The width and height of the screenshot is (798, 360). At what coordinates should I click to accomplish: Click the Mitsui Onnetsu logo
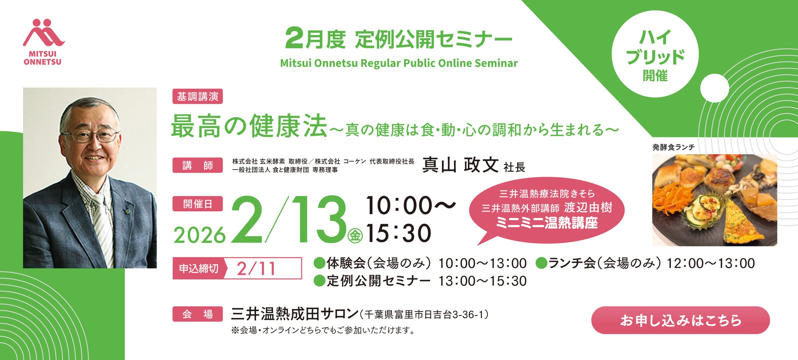[x=43, y=42]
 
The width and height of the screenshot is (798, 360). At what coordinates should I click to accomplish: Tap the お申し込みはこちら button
[x=680, y=320]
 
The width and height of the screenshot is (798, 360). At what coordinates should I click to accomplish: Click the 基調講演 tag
[x=198, y=97]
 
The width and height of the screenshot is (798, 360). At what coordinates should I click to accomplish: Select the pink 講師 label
[x=198, y=165]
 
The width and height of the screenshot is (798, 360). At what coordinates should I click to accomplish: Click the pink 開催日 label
[x=198, y=204]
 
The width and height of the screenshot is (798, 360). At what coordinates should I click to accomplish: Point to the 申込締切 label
[x=199, y=268]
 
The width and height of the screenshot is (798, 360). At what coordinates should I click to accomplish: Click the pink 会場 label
[x=198, y=314]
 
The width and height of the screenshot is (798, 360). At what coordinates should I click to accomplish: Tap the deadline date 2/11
[x=257, y=268]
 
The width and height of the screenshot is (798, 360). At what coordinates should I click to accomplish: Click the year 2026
[x=199, y=235]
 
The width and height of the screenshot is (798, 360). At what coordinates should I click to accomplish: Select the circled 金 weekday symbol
[x=355, y=235]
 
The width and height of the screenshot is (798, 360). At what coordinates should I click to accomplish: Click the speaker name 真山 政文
[x=460, y=165]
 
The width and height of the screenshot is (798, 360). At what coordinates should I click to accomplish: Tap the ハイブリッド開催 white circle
[x=655, y=54]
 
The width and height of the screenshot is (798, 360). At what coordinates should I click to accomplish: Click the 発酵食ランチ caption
[x=673, y=147]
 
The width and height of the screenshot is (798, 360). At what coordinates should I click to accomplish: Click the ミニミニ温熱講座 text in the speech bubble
[x=547, y=223]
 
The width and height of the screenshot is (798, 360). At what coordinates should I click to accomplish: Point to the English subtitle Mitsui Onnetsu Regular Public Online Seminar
[x=399, y=63]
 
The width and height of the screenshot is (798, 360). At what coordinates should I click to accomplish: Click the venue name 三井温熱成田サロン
[x=295, y=314]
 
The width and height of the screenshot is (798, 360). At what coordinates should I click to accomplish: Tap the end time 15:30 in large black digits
[x=399, y=233]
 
